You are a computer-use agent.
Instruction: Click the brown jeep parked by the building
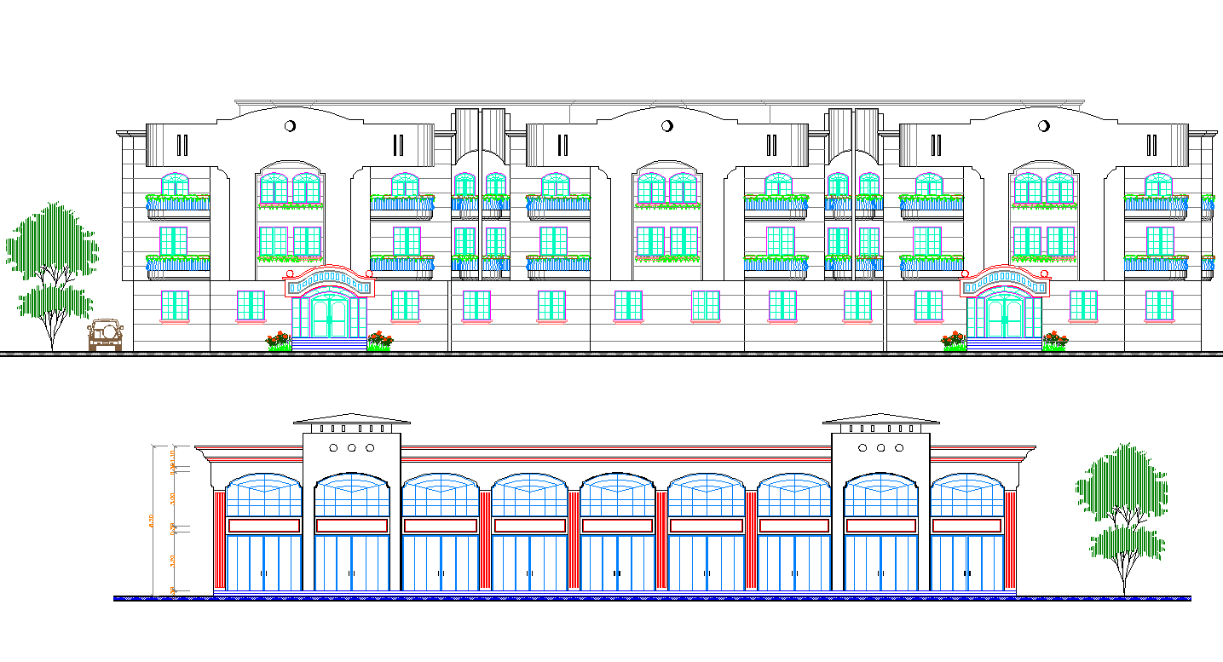tap(106, 335)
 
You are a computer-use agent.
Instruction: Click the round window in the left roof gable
tap(290, 126)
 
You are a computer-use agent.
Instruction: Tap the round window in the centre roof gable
tap(667, 126)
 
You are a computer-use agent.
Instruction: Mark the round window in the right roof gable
tap(1043, 126)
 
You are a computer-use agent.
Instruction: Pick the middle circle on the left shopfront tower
tap(351, 447)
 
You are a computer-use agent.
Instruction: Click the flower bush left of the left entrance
tap(278, 341)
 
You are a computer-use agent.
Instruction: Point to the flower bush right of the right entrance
tap(1055, 341)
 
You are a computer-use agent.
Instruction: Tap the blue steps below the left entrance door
tap(329, 344)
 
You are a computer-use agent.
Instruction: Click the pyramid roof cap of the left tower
tap(351, 418)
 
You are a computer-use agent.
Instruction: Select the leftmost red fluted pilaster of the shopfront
tap(220, 540)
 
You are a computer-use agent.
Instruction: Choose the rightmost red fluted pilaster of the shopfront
tap(1010, 540)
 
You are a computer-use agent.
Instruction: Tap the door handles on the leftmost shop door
tap(263, 573)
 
